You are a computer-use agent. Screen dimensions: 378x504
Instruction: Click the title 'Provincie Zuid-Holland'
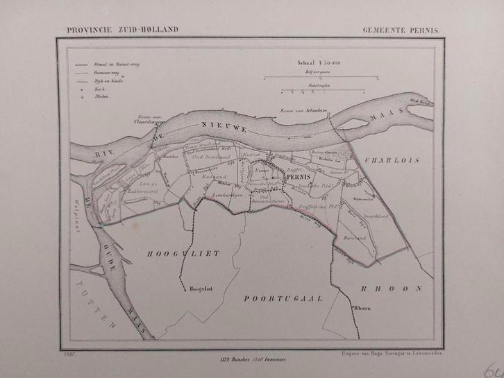123,29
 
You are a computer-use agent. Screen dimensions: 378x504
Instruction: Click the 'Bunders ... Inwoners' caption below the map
236,358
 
